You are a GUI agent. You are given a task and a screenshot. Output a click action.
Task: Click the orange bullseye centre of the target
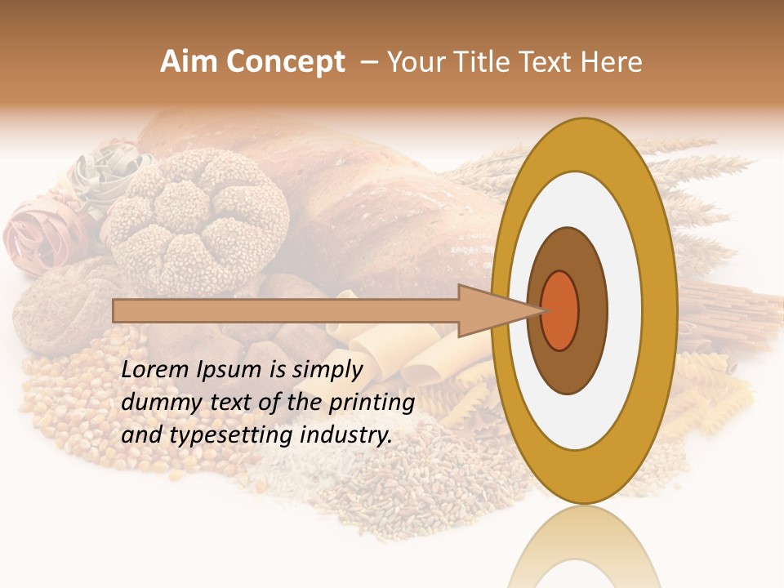560,310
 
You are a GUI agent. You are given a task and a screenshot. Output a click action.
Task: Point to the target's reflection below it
584,547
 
